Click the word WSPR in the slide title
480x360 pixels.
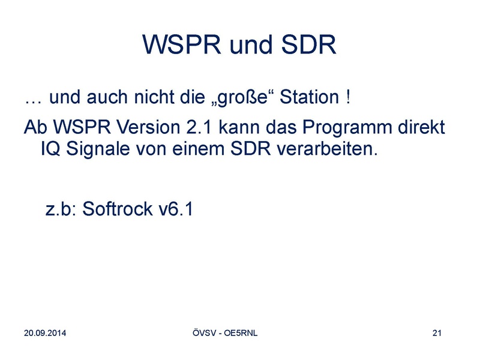(x=182, y=44)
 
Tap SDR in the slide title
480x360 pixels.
(x=308, y=44)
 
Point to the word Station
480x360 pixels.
(x=309, y=97)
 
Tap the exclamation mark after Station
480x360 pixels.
(x=349, y=97)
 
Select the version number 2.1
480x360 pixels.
(x=199, y=127)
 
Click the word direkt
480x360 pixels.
(x=421, y=127)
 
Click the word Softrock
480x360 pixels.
(x=117, y=209)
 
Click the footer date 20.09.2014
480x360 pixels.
(x=45, y=333)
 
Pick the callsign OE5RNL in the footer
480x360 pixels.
(x=241, y=333)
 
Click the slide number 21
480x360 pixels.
(x=437, y=333)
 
